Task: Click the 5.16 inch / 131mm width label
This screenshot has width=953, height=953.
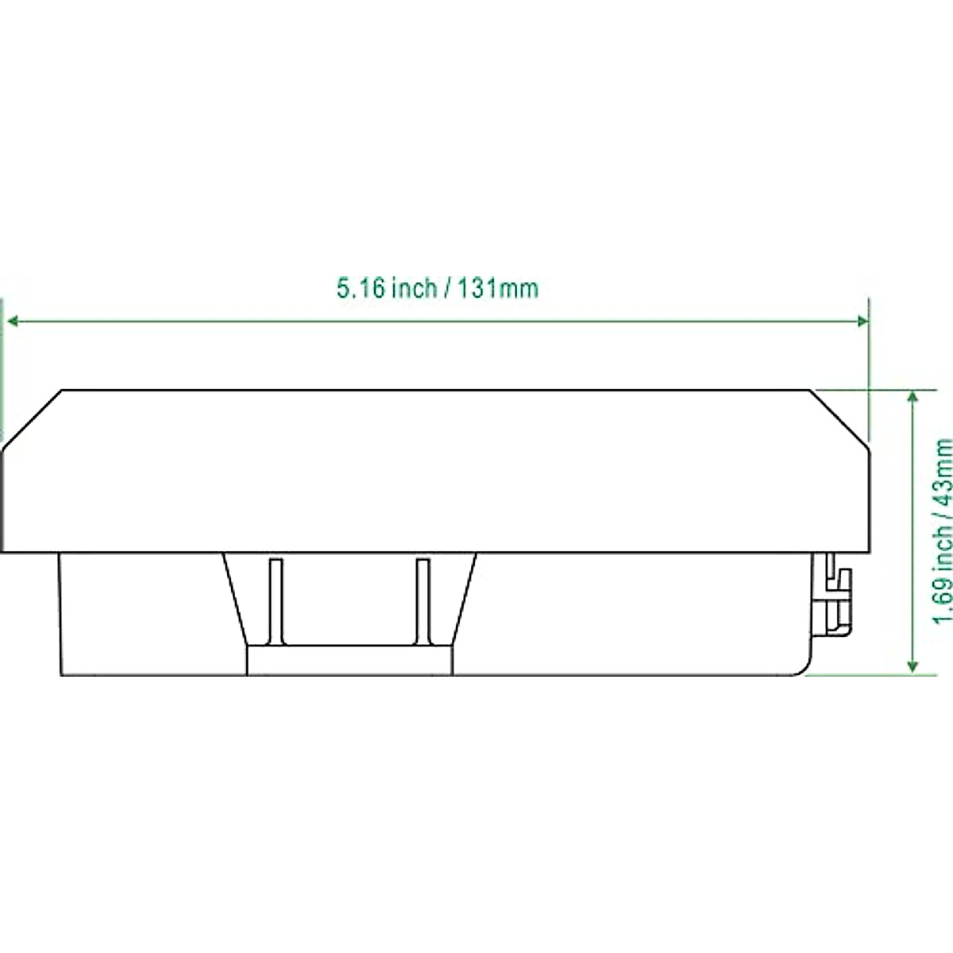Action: coord(438,288)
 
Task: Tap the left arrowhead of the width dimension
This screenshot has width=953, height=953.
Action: coord(13,322)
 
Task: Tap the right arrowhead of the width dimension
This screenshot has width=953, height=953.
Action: coord(862,322)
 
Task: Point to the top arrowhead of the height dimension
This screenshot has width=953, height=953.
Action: coord(913,398)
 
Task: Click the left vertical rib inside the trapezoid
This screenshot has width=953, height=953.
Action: coord(276,601)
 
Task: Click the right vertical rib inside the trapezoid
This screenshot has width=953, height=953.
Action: coord(422,601)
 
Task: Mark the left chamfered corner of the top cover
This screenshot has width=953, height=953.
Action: coord(32,420)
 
